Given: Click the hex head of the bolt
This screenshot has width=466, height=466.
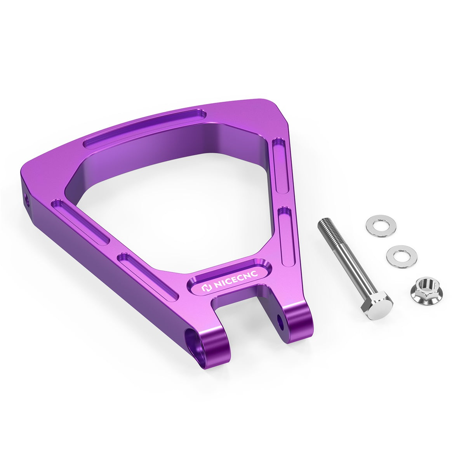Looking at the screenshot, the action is click(376, 306).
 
